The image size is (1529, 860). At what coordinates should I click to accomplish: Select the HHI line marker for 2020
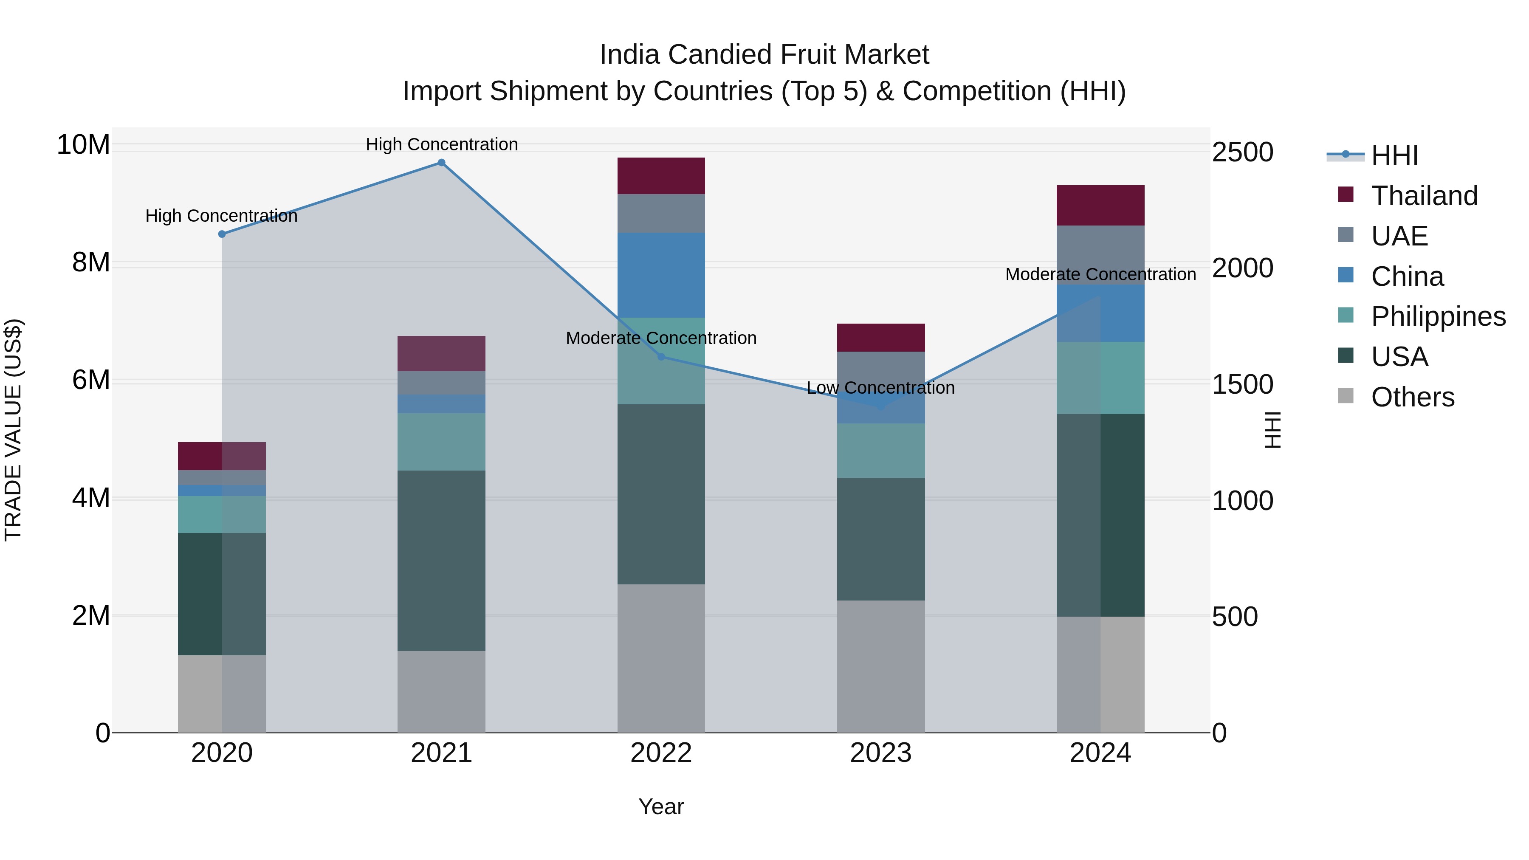pos(222,234)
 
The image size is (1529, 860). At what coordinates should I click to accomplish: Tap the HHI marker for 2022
pos(661,357)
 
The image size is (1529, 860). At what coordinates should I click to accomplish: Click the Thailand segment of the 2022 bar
pos(661,176)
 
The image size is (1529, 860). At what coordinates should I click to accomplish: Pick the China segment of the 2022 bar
pos(661,275)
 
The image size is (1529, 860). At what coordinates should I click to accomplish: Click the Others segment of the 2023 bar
pos(881,666)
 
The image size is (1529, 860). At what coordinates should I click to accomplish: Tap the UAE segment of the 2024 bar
pos(1100,255)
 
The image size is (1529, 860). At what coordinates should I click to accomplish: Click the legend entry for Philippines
pos(1438,316)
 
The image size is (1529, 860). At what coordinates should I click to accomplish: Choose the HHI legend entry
pos(1394,155)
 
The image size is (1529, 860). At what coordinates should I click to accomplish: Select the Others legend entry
pos(1413,397)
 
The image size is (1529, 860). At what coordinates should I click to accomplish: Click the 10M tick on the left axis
pos(83,145)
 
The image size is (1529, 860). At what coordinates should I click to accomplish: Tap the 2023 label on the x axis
pos(881,753)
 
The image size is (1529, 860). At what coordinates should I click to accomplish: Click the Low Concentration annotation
pos(881,388)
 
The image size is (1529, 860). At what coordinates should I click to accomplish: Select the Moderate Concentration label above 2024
pos(1100,275)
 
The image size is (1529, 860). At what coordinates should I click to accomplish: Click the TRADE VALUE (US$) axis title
pos(13,430)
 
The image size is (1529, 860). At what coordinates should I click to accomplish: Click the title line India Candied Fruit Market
pos(764,55)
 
